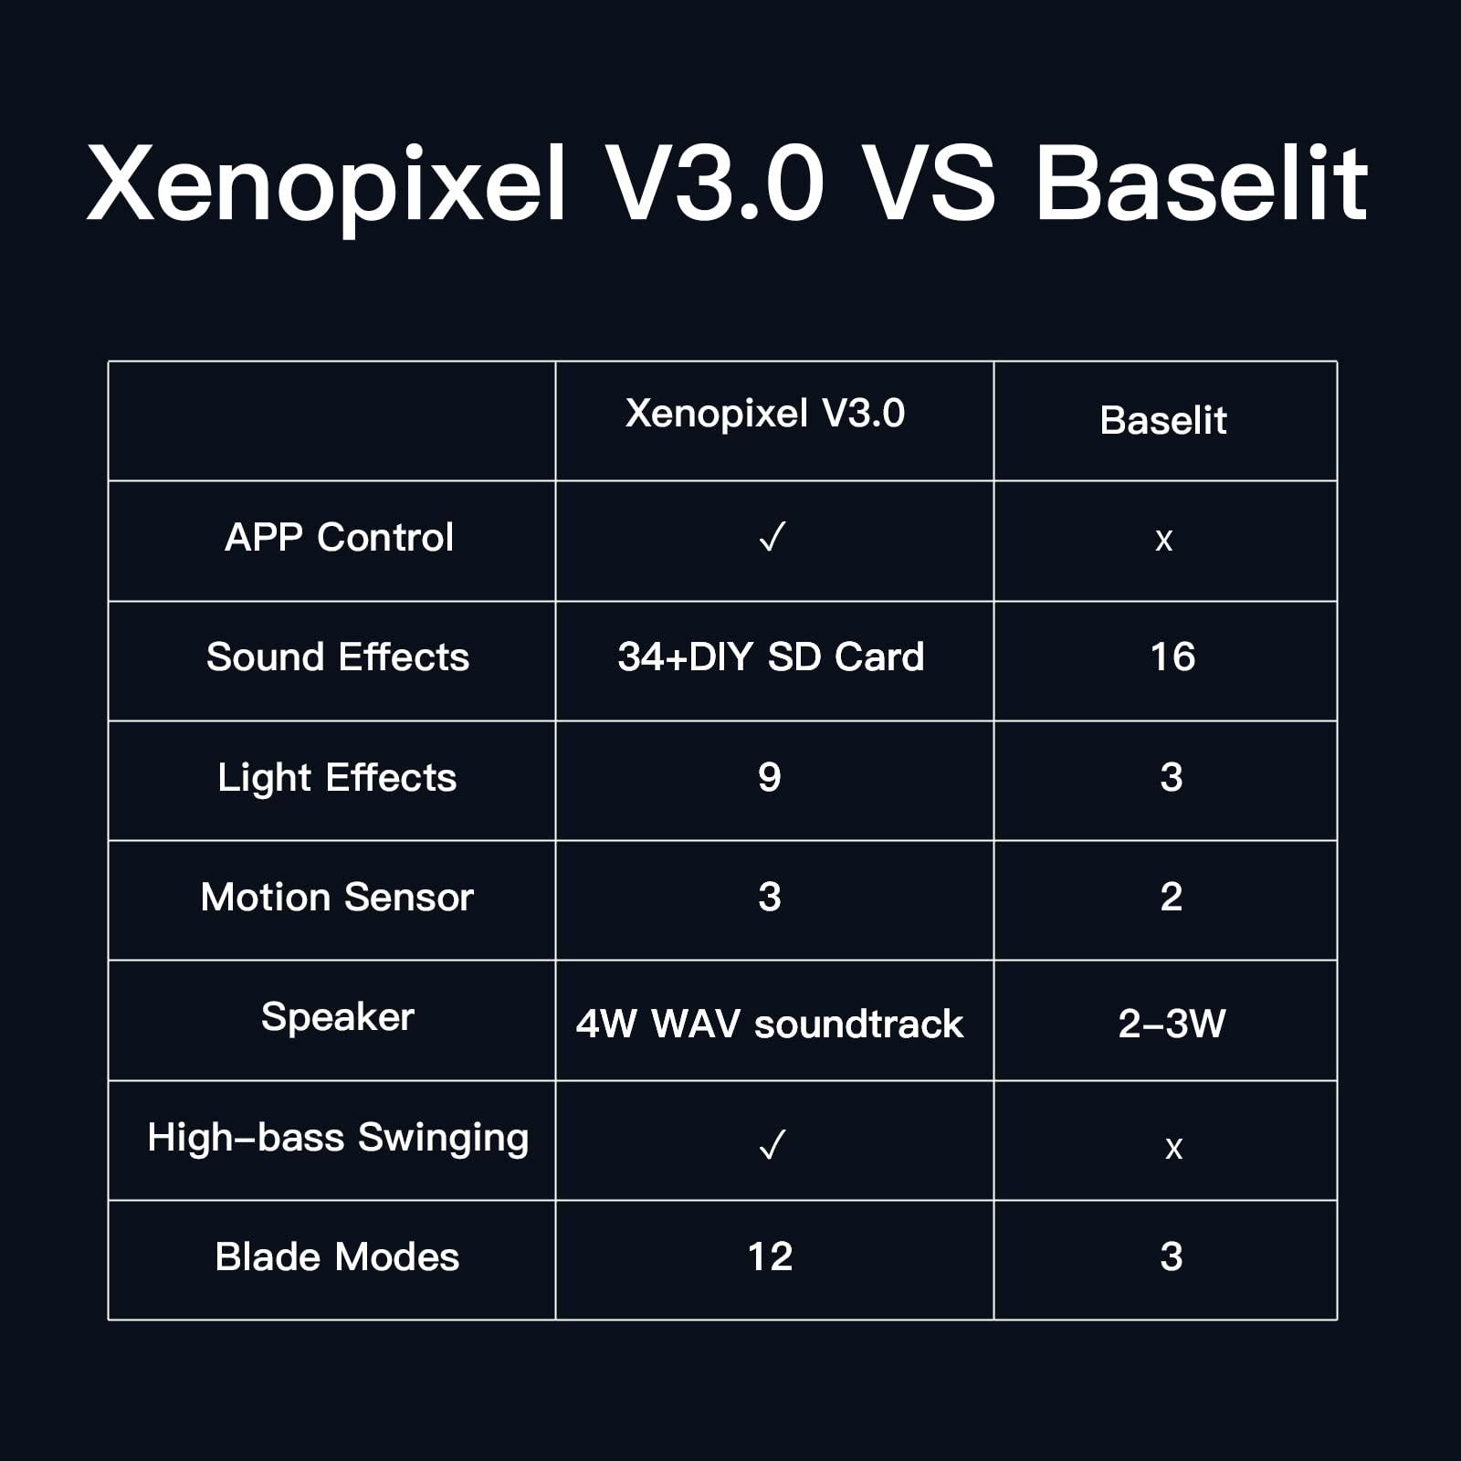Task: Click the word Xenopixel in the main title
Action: point(327,185)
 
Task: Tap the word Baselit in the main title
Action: point(1201,185)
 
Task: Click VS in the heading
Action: point(929,185)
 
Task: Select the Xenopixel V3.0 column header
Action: point(765,414)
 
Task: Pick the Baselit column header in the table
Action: point(1163,421)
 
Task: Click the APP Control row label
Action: point(339,538)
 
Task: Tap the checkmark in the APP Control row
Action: point(772,538)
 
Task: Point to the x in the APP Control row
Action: point(1163,541)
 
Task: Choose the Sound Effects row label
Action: point(338,657)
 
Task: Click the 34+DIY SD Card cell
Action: point(771,657)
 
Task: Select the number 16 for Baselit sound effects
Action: point(1172,657)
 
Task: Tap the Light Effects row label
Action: point(337,778)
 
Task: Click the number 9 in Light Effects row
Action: point(770,778)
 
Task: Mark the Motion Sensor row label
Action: point(337,898)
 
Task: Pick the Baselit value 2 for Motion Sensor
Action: point(1172,898)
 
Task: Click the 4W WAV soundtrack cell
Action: point(770,1024)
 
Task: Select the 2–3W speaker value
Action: point(1172,1024)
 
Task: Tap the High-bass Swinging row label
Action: point(338,1138)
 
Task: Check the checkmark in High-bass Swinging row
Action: point(772,1144)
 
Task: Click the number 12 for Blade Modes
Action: point(770,1257)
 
